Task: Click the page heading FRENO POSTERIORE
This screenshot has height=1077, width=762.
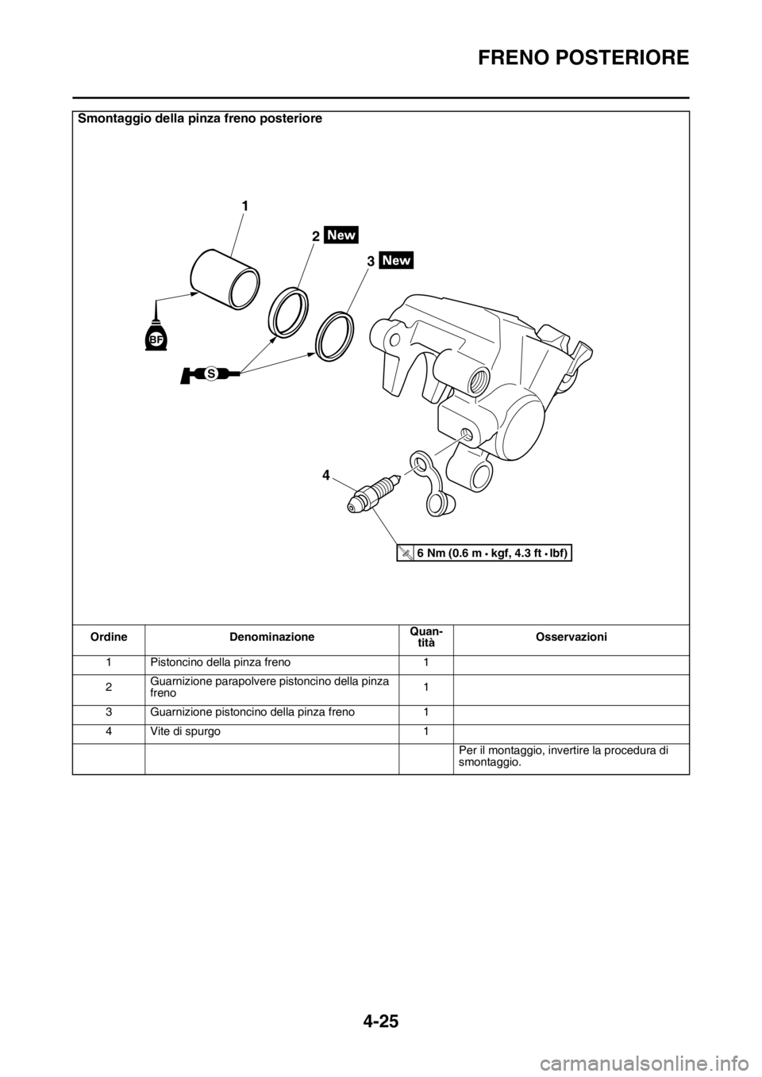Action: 583,58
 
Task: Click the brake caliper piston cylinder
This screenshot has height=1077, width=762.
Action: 225,279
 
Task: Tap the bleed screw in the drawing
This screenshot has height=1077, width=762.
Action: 374,493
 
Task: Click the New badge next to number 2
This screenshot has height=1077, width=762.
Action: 341,235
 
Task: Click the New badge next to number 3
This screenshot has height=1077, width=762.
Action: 396,260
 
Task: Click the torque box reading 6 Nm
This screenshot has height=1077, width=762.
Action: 484,554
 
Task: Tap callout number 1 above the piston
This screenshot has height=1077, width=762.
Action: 245,206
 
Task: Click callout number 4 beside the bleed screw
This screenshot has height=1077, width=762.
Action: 326,476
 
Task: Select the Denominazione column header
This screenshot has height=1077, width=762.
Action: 271,637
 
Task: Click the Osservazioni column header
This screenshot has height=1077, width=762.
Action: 571,637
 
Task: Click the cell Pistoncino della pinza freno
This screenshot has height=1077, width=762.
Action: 221,662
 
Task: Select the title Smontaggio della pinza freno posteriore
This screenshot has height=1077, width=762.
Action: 200,119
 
